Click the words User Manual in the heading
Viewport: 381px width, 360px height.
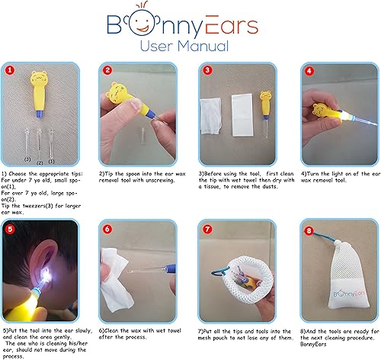click(x=190, y=48)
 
